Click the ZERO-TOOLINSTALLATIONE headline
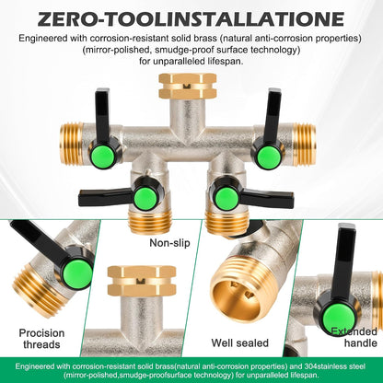point(191,18)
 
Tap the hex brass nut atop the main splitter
point(188,86)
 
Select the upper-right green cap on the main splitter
point(268,157)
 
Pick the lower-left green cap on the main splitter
point(145,199)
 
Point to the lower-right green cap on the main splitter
point(226,199)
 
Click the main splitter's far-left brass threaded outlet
point(72,145)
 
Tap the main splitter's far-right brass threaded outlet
point(304,145)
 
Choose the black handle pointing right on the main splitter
point(266,198)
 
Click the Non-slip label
point(169,243)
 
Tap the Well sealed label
point(239,342)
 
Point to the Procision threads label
point(41,339)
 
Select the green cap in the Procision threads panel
point(78,274)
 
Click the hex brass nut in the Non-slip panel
point(142,281)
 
